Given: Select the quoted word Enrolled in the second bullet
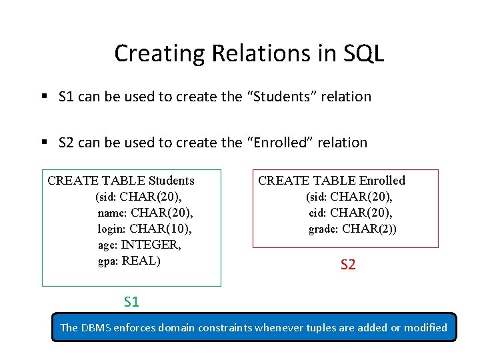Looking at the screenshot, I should click(277, 143).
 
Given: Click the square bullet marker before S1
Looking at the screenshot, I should click(44, 97).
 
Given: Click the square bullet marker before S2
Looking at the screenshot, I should click(44, 143).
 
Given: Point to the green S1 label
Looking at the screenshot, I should click(131, 302).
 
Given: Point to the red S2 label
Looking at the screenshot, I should click(348, 265).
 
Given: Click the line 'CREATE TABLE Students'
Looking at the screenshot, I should click(121, 181).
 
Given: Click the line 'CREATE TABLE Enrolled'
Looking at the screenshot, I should click(331, 181).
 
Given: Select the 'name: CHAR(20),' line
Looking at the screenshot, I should click(145, 213).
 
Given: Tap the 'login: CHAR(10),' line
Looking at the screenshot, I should click(145, 229).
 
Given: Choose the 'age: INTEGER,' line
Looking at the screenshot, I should click(139, 245).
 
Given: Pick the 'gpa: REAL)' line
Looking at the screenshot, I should click(129, 261).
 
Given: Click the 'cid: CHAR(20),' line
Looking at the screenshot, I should click(351, 213).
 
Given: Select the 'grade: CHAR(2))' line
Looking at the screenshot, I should click(353, 229).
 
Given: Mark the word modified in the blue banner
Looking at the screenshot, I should click(424, 327).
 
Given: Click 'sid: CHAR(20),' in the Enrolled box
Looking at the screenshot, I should click(349, 197).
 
